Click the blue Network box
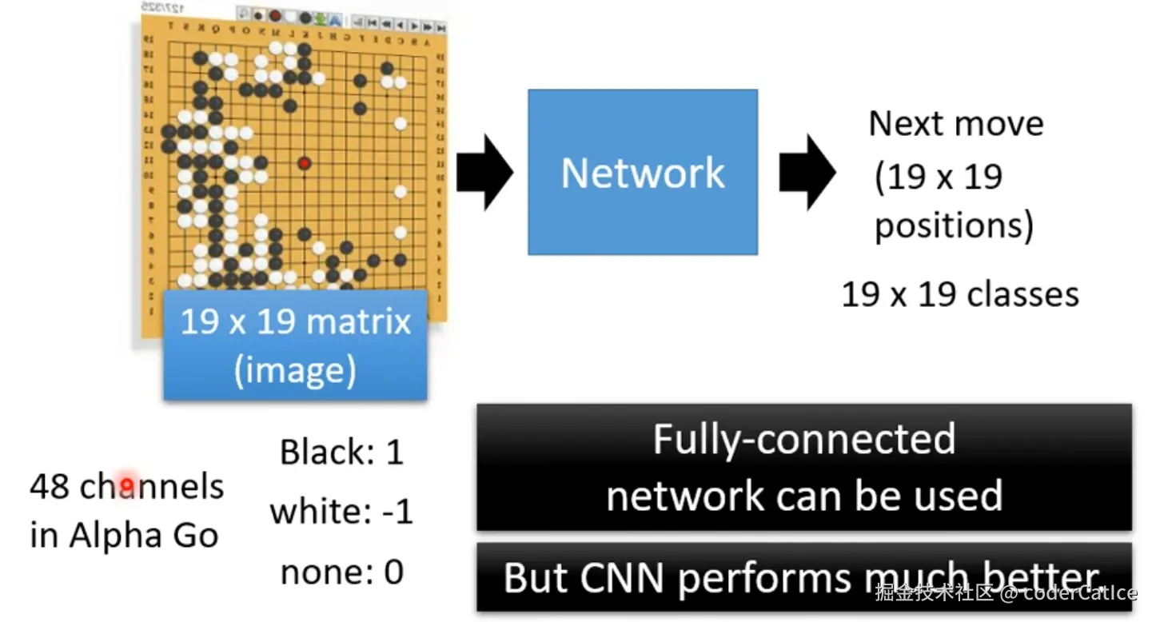642,172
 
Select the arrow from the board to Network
484,172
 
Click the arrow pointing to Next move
807,172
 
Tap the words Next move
956,124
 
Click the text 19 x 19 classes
960,294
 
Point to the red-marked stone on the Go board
304,164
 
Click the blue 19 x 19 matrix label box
295,345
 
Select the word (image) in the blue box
295,370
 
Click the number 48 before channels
49,486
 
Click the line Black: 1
341,453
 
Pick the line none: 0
341,572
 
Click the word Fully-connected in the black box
803,439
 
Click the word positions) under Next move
954,226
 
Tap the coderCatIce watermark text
1079,592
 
